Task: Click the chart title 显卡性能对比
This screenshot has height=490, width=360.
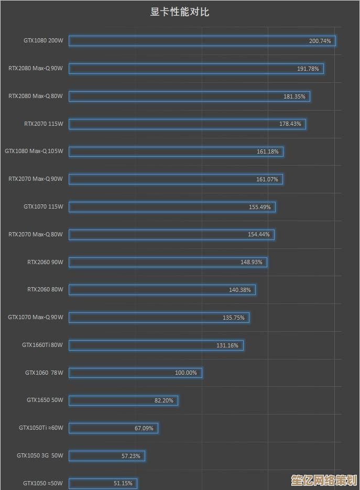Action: pos(180,12)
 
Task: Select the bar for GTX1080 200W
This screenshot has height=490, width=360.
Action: pos(202,41)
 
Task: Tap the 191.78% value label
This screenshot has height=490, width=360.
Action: pos(308,69)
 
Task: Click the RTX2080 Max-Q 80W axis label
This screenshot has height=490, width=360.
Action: pos(36,96)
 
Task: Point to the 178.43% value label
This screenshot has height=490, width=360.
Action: pos(290,124)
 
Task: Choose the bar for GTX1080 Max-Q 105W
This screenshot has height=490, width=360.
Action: pos(176,151)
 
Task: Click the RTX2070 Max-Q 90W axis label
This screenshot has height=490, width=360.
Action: pos(36,179)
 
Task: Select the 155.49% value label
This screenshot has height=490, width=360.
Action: pos(260,207)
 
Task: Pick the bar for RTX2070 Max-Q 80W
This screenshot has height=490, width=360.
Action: pos(171,234)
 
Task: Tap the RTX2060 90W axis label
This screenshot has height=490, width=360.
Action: pos(45,262)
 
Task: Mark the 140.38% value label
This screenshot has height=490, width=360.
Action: pos(240,290)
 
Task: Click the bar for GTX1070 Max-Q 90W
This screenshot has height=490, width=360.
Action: pos(159,318)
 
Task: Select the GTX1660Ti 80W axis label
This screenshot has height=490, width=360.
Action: pos(42,345)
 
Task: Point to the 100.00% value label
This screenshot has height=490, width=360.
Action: pos(186,373)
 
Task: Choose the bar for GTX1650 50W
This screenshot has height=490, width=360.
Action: pos(123,400)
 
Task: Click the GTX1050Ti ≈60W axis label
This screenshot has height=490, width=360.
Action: pos(41,428)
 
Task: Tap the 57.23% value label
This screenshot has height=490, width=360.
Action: pos(131,456)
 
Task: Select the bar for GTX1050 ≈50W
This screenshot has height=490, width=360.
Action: pos(103,483)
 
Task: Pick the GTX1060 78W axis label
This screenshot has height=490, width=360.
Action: pos(44,373)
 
